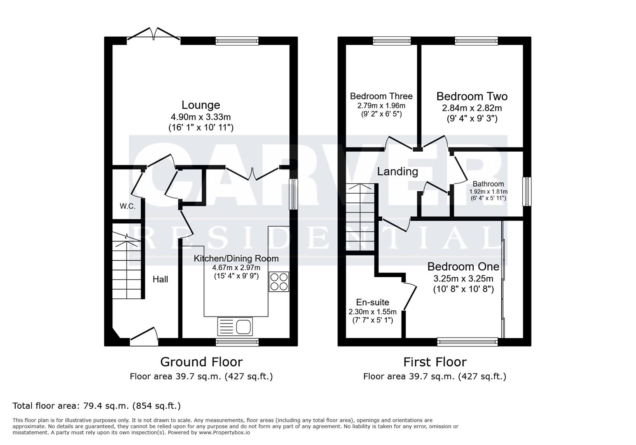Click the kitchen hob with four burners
pos(279,282)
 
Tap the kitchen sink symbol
pos(235,326)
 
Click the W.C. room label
pos(128,206)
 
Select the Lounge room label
pos(201,105)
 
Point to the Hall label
pos(160,279)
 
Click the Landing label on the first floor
pos(397,171)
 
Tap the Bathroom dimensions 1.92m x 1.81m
pos(488,192)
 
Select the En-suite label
pos(372,302)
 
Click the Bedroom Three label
pos(381,96)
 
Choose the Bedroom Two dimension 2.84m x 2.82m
pos(472,108)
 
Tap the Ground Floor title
pos(201,362)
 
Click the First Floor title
pos(435,362)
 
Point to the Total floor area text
pos(97,406)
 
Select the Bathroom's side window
pos(527,191)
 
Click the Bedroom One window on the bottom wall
pos(467,342)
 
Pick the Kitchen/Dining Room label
pos(236,258)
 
